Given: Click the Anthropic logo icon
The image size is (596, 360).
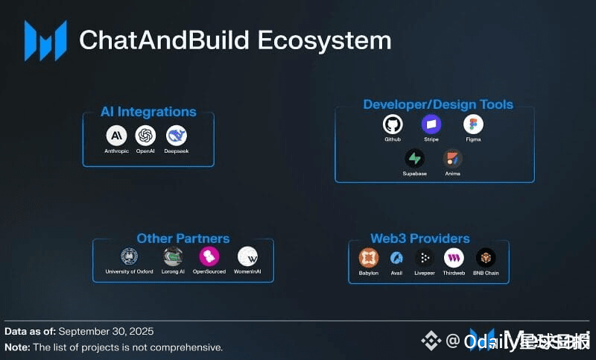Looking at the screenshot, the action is (116, 136).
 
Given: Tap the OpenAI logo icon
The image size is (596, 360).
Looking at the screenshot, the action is (145, 136).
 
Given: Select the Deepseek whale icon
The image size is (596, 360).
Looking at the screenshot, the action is (177, 136).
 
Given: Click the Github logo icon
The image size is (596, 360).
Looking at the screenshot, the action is (393, 124).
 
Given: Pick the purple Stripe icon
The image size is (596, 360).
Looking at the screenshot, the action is (431, 124).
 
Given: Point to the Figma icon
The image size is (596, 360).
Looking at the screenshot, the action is (473, 124).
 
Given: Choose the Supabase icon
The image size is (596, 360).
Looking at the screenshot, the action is (415, 158).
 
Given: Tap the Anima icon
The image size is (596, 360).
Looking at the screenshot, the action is (453, 158).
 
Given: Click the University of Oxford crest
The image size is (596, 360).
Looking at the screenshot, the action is (130, 256).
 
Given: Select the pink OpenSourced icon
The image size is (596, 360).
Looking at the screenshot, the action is (209, 256).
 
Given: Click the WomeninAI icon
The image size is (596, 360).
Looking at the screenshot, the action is (247, 256).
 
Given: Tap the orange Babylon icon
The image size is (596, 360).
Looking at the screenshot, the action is (369, 258).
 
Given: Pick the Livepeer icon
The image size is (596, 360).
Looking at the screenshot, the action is (425, 258).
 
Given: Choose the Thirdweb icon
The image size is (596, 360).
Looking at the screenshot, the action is (454, 258).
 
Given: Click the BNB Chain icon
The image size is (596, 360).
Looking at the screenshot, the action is (486, 258).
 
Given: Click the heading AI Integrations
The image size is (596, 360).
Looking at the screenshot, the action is (148, 112).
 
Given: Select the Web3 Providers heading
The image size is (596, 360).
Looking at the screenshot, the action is (420, 239).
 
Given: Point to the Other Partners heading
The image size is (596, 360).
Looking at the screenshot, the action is (183, 239).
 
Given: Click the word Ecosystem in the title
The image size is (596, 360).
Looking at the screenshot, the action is (323, 40).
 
